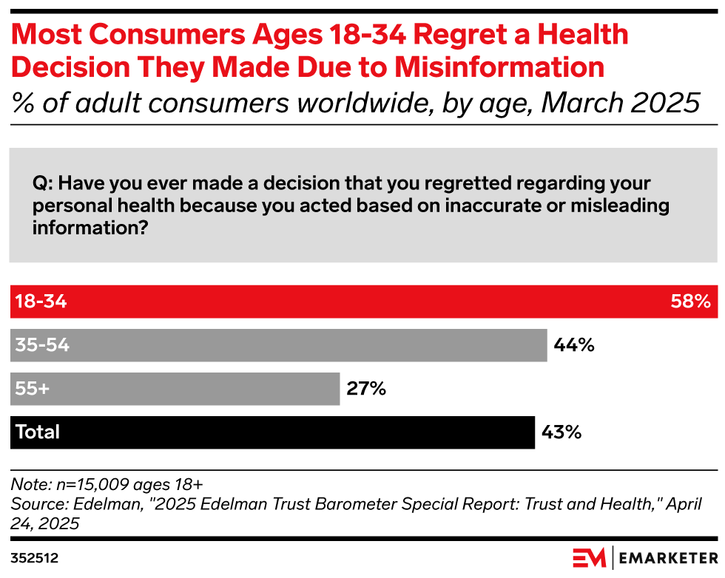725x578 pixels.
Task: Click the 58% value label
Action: pyautogui.click(x=691, y=302)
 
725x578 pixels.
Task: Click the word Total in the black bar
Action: pyautogui.click(x=38, y=432)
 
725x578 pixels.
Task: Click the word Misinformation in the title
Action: pyautogui.click(x=499, y=67)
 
